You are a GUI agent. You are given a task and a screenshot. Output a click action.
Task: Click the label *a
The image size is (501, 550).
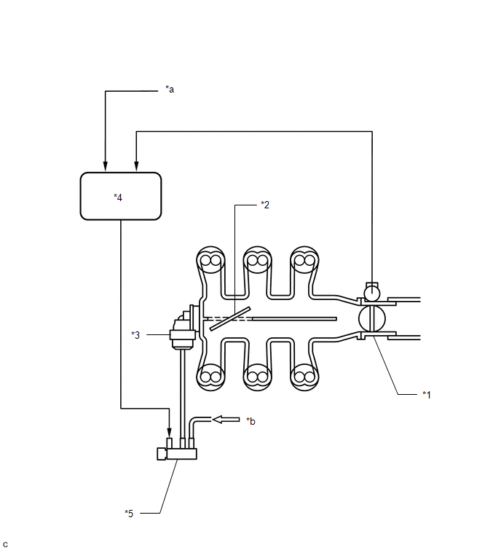(170, 90)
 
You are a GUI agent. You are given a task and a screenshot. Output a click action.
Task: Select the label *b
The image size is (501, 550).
(250, 421)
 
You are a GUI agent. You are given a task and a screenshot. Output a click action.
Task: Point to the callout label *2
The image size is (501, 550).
(265, 205)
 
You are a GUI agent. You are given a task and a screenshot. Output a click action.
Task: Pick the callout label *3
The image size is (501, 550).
(135, 334)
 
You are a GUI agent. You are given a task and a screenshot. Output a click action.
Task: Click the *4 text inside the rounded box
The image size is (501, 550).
(119, 197)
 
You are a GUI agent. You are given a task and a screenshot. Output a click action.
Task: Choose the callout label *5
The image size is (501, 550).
(129, 513)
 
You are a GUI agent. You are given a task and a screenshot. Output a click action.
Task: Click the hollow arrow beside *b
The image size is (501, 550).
(225, 419)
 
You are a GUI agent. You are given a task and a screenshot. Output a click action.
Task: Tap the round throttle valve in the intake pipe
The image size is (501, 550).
(372, 318)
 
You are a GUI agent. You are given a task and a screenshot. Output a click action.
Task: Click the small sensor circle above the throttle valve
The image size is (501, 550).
(372, 293)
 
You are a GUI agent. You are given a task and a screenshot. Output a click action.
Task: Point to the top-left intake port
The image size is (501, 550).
(212, 260)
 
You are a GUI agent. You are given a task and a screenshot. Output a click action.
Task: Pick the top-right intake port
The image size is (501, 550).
(304, 260)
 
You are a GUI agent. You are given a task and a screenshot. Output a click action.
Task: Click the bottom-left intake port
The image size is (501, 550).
(212, 377)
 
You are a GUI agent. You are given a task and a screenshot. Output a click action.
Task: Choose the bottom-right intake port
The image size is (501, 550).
(304, 377)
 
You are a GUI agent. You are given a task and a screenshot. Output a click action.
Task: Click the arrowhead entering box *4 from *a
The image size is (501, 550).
(106, 165)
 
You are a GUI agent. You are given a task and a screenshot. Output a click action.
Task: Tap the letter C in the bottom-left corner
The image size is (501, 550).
(6, 543)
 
